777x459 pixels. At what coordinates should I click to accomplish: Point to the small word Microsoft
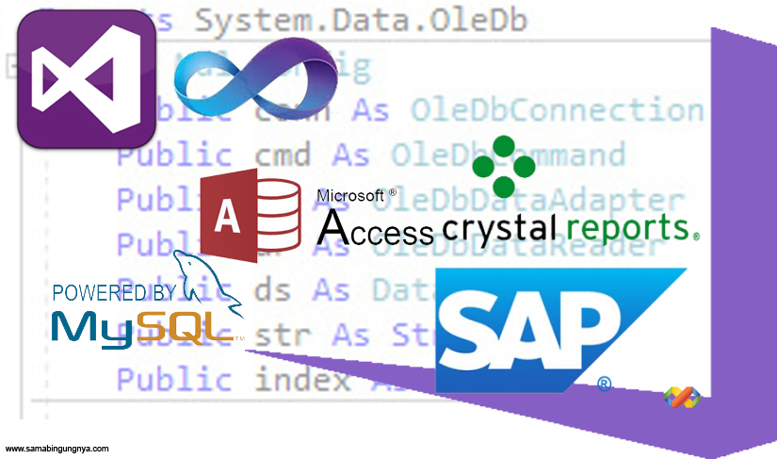pyautogui.click(x=350, y=195)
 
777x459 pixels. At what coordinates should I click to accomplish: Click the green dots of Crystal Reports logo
pyautogui.click(x=503, y=166)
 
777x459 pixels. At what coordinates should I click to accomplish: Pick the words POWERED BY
pyautogui.click(x=114, y=292)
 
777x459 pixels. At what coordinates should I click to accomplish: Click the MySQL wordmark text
pyautogui.click(x=142, y=325)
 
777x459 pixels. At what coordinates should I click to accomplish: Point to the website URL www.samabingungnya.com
pyautogui.click(x=57, y=449)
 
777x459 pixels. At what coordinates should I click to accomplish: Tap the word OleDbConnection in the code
pyautogui.click(x=556, y=110)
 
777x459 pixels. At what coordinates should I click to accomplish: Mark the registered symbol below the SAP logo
pyautogui.click(x=605, y=384)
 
